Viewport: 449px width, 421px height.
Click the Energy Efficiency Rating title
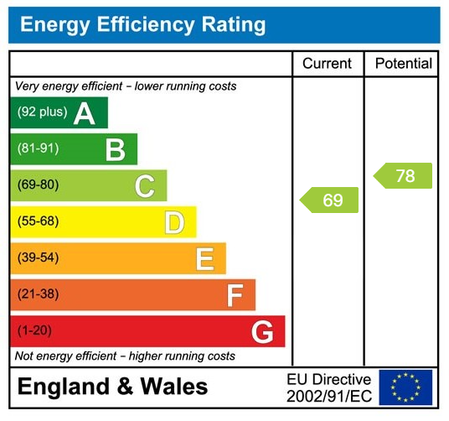pos(142,24)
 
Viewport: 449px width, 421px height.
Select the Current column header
pos(327,64)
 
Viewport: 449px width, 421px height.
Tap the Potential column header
pos(403,64)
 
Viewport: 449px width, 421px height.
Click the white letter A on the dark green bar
pos(84,113)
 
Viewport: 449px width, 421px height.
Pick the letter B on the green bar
pos(115,150)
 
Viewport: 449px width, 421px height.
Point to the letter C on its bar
pos(145,186)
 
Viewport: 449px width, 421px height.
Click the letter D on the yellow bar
pos(174,222)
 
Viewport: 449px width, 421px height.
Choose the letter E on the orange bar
pos(204,259)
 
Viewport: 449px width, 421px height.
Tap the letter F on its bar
pos(235,295)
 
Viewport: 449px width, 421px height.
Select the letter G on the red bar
pos(262,332)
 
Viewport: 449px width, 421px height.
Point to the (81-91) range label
pos(39,149)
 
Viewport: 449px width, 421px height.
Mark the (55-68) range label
pos(39,221)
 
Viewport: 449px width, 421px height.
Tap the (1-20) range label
pos(35,330)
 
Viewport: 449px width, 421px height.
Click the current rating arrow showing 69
pos(329,200)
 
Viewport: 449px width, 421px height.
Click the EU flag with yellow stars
pos(405,387)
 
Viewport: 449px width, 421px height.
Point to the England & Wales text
pos(113,387)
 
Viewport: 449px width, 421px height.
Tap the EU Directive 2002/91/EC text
pos(328,387)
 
